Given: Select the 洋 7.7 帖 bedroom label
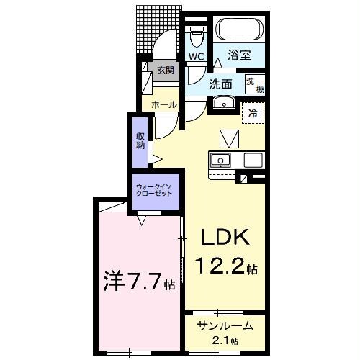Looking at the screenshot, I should (x=134, y=282).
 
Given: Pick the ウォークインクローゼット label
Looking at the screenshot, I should (x=153, y=192).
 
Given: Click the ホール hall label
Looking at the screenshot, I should (x=163, y=105).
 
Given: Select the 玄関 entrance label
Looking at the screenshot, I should (x=165, y=71).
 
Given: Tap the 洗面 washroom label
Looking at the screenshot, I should (x=220, y=84).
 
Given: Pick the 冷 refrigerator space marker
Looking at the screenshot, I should (x=252, y=112).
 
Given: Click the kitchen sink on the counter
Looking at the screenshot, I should (x=219, y=159).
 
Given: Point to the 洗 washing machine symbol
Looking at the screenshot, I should (x=250, y=81).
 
